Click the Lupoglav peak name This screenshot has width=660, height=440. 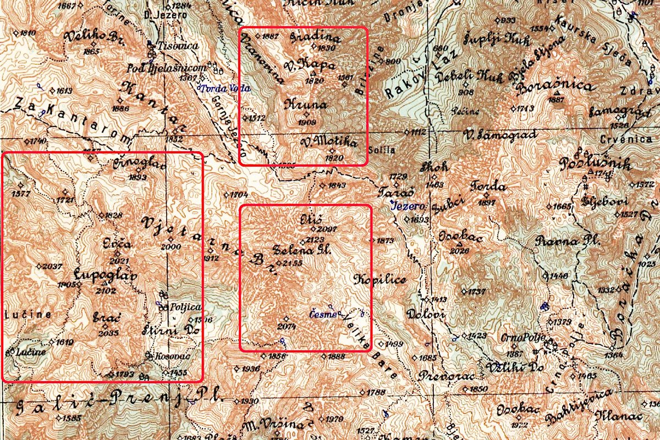tap(105, 275)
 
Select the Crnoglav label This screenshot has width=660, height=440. tap(131, 164)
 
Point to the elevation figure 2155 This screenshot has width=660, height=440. tap(291, 264)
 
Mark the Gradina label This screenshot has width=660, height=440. tap(315, 38)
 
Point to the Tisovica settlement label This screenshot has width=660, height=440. tap(178, 46)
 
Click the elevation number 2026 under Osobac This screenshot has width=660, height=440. tap(460, 251)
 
